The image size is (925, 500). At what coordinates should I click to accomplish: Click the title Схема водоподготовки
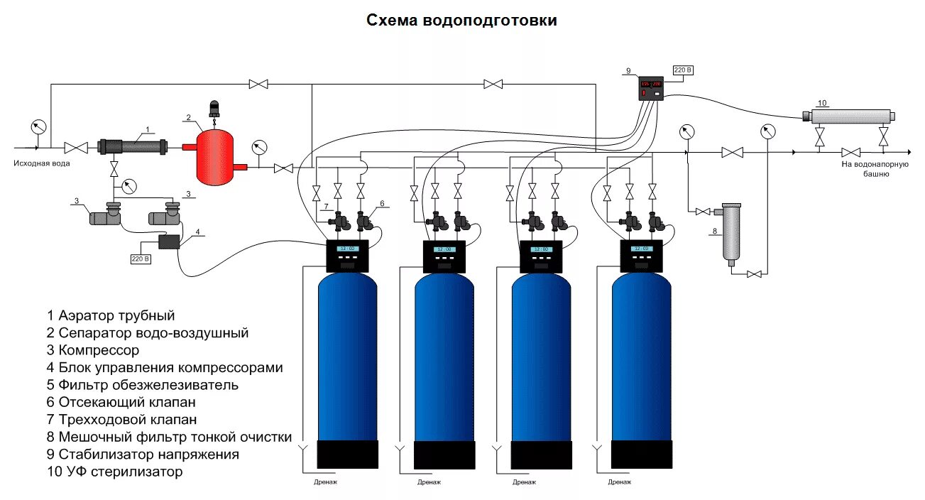click(x=461, y=21)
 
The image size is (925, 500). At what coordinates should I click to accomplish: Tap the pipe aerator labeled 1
click(x=133, y=147)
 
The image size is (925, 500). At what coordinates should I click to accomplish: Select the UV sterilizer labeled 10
click(x=849, y=116)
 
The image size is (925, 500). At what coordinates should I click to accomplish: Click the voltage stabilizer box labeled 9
click(x=651, y=87)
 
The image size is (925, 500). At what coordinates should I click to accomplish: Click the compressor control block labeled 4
click(x=169, y=241)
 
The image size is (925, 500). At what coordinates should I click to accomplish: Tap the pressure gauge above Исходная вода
click(x=38, y=128)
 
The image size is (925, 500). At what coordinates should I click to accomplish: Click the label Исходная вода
click(x=41, y=163)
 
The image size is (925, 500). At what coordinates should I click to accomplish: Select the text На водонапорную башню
click(x=875, y=168)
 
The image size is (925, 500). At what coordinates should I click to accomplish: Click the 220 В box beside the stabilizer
click(x=682, y=70)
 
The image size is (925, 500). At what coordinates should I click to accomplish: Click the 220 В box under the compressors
click(x=141, y=259)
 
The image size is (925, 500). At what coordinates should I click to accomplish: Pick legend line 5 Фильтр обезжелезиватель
click(x=143, y=385)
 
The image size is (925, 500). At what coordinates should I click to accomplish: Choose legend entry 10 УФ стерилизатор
click(x=115, y=472)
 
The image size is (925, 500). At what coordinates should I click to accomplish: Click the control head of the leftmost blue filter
click(x=347, y=256)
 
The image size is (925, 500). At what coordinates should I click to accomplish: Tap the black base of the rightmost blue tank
click(x=642, y=454)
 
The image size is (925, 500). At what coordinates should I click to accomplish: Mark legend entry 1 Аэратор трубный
click(x=111, y=315)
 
